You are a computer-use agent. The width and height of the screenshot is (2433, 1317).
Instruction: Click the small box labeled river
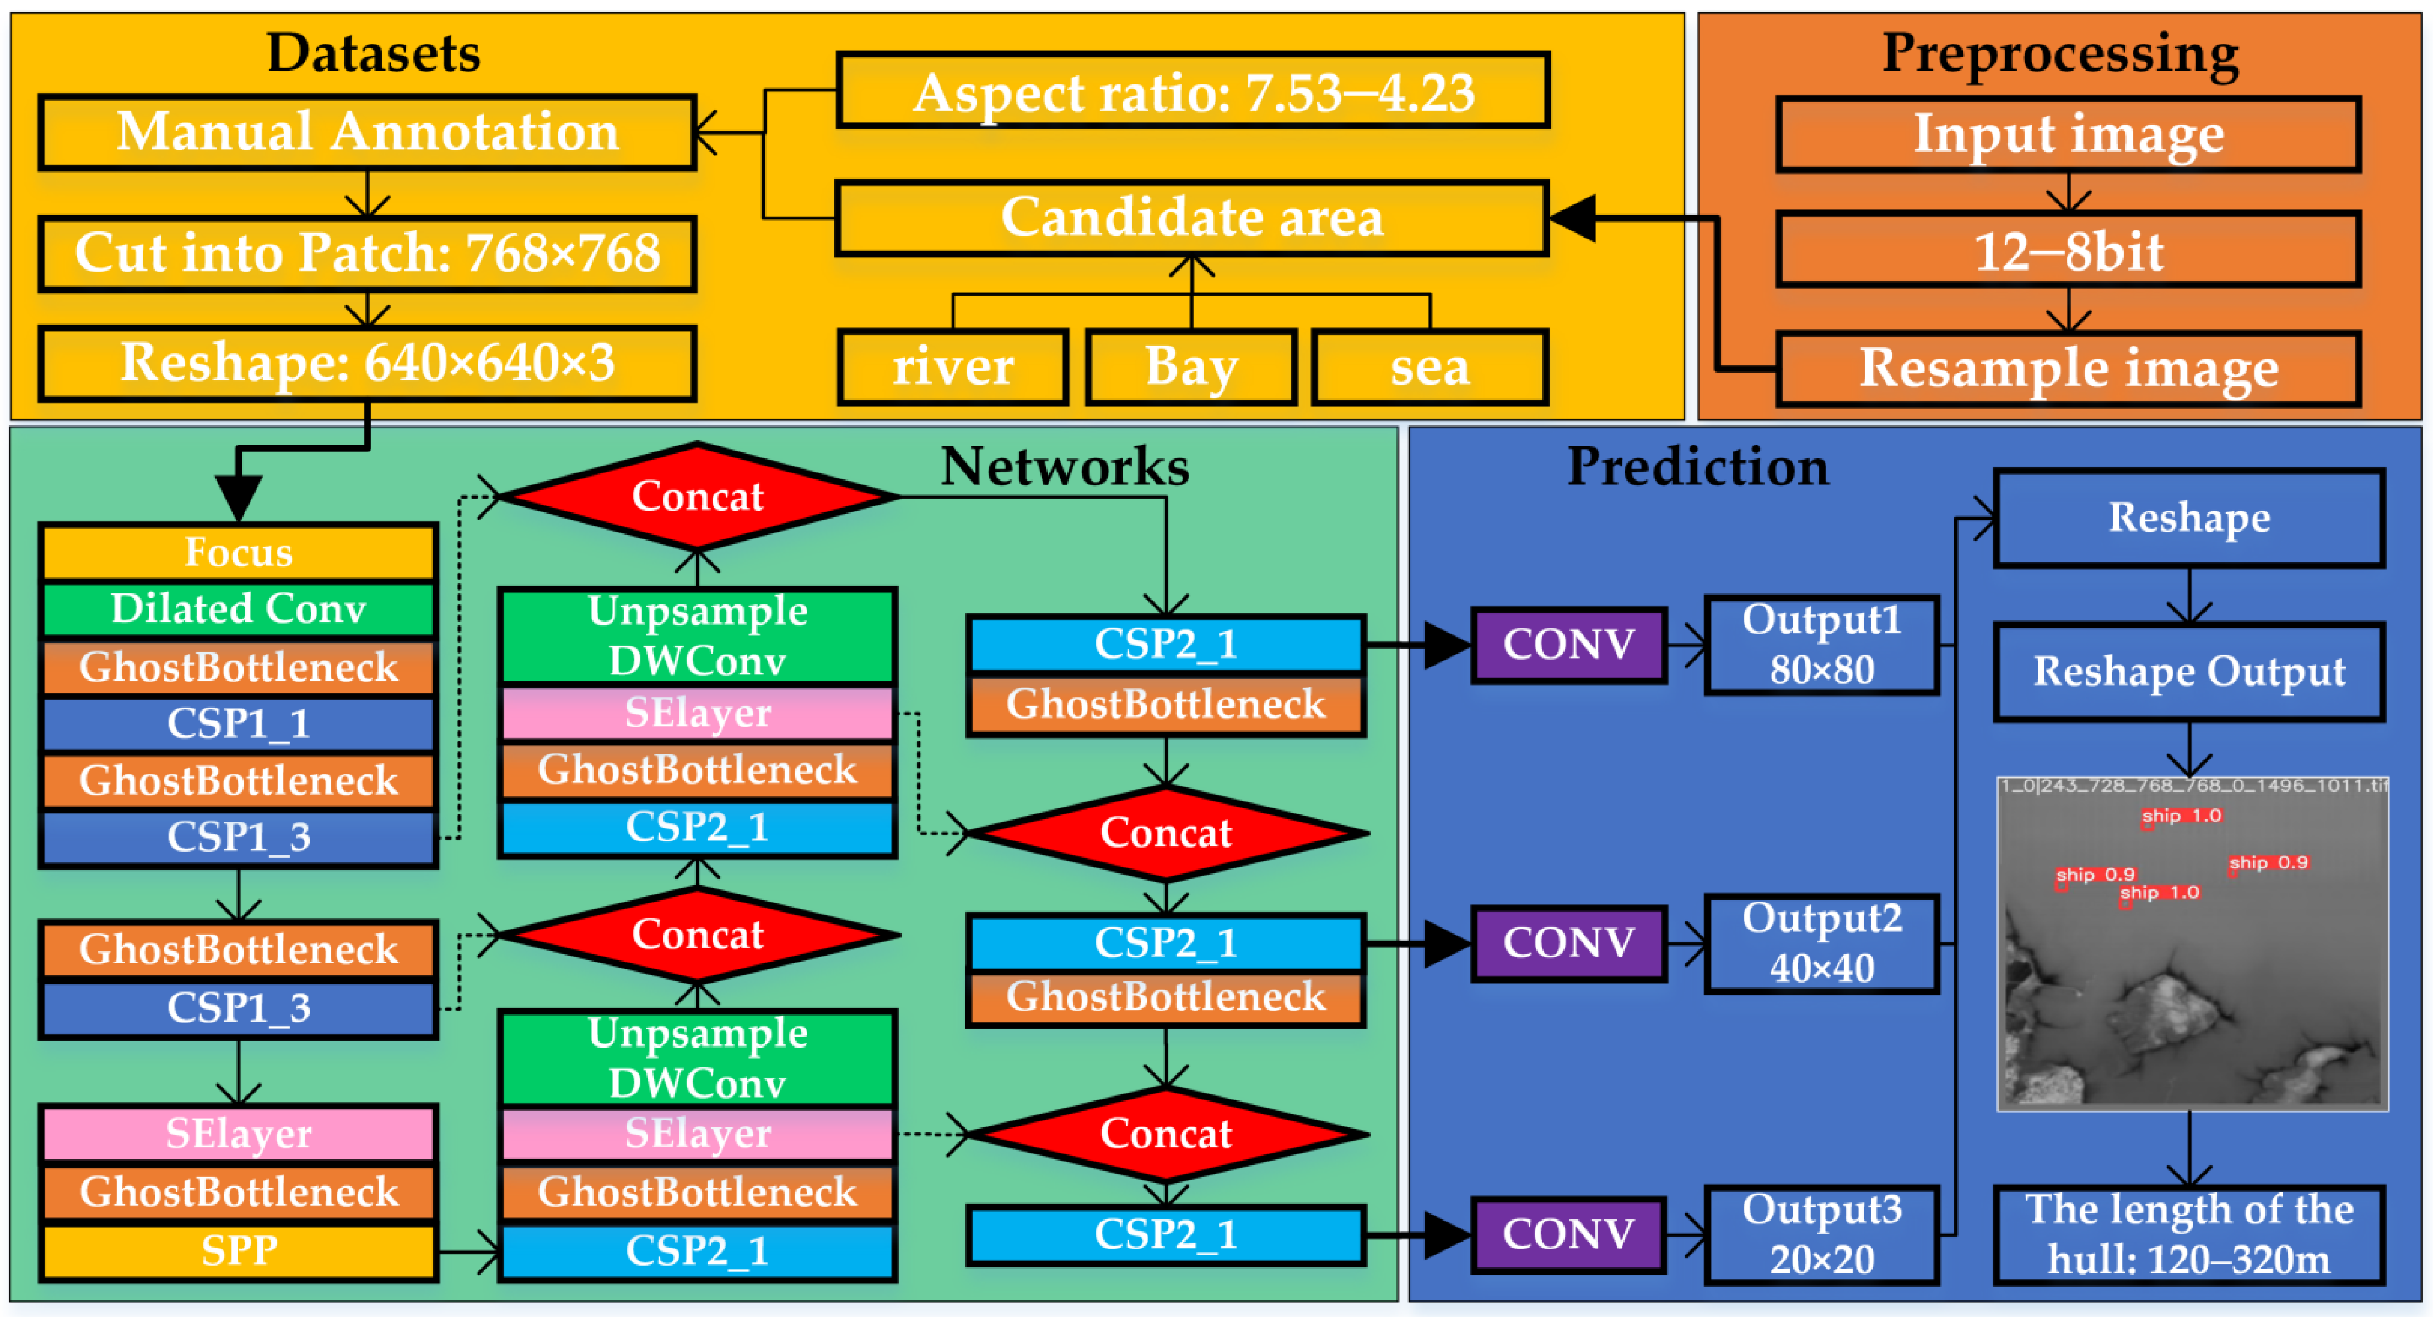click(x=952, y=366)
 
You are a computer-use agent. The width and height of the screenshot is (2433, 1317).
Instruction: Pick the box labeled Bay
click(x=1191, y=366)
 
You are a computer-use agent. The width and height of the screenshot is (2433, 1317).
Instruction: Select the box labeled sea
click(x=1429, y=366)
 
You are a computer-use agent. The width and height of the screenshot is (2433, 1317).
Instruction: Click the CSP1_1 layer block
click(x=238, y=724)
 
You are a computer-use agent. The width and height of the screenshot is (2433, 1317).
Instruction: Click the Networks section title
click(x=1065, y=467)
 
